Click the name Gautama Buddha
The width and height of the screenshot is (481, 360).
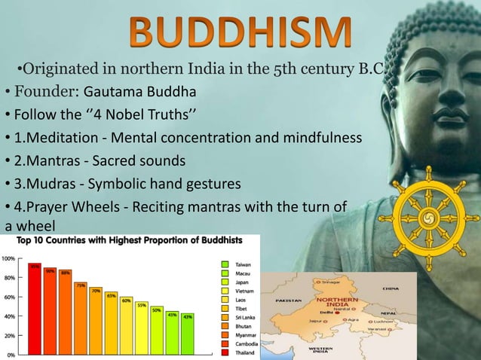tap(139, 93)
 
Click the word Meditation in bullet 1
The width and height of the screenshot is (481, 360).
tap(60, 139)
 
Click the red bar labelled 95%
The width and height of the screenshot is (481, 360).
tap(35, 309)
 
